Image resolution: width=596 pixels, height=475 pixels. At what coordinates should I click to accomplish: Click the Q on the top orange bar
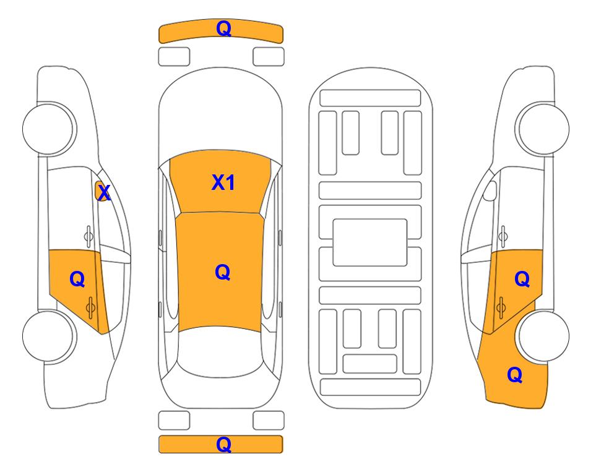(223, 28)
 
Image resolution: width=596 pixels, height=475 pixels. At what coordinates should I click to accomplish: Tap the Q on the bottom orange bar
(223, 444)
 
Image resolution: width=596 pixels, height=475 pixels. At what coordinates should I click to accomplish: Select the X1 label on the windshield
(223, 182)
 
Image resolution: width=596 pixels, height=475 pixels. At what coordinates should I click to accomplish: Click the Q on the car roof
(222, 272)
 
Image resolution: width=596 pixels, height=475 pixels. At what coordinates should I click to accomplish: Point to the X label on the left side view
(104, 193)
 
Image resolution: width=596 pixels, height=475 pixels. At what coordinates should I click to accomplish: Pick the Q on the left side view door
(77, 280)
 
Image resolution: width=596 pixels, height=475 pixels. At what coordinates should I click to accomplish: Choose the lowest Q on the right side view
(514, 375)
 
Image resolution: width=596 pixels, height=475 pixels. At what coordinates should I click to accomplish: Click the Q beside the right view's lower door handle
(522, 280)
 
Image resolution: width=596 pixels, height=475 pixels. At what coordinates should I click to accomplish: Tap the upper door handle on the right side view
(503, 235)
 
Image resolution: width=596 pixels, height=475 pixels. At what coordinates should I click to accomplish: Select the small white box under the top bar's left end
(174, 56)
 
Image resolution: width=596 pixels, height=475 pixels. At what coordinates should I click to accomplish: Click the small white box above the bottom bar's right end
(269, 421)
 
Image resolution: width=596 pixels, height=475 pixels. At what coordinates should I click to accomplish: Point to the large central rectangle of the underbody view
(370, 242)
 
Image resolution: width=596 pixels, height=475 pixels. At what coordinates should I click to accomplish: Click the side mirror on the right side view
(489, 190)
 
